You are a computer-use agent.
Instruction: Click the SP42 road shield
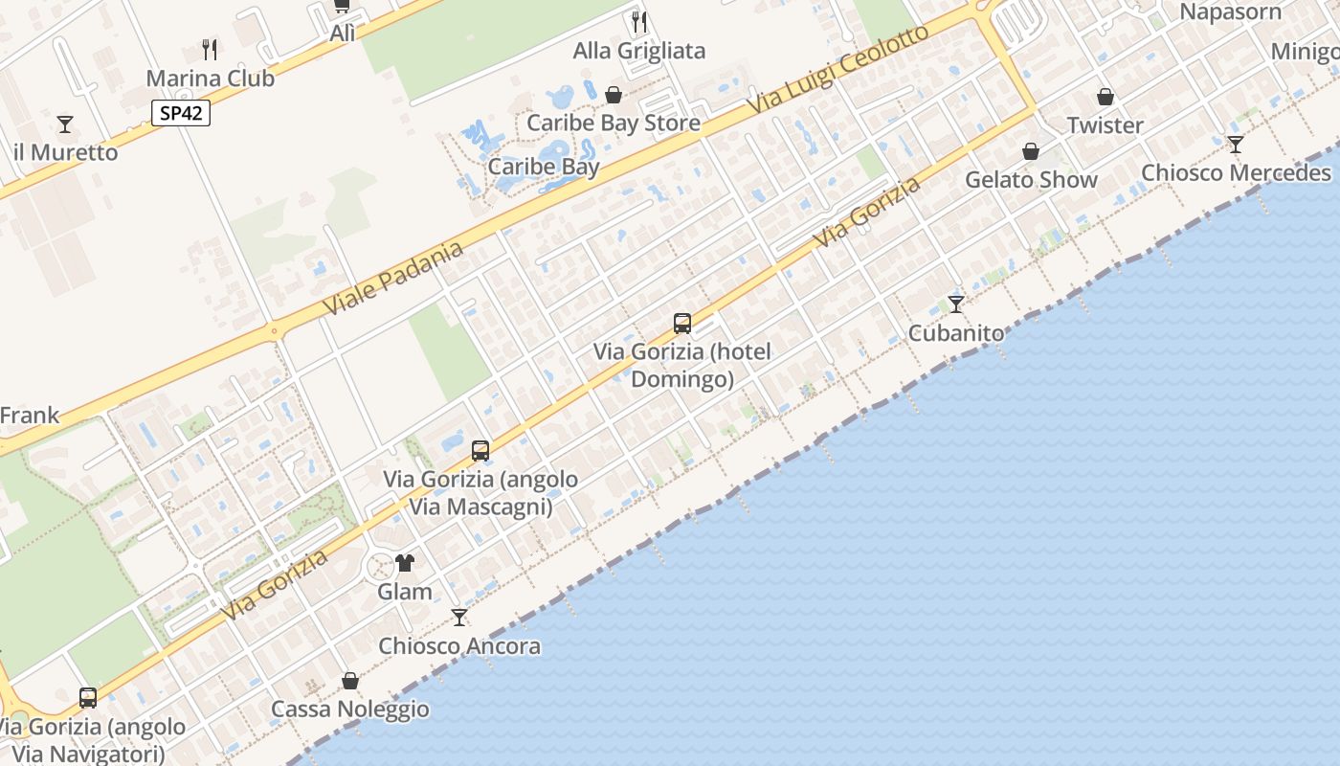[x=181, y=113]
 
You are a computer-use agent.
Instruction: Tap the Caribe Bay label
[x=544, y=167]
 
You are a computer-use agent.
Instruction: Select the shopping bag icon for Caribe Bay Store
[x=614, y=95]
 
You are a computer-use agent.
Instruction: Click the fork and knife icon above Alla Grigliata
[x=639, y=21]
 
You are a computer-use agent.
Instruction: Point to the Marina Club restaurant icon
[x=210, y=49]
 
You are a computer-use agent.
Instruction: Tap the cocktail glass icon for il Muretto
[x=65, y=124]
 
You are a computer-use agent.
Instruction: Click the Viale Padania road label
[x=393, y=278]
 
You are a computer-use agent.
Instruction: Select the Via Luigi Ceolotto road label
[x=838, y=69]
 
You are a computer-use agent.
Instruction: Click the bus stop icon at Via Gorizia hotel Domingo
[x=682, y=324]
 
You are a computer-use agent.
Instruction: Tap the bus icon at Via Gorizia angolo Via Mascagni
[x=480, y=450]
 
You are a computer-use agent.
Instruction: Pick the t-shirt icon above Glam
[x=405, y=562]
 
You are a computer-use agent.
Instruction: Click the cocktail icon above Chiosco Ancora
[x=459, y=618]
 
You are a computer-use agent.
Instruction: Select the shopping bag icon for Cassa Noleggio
[x=350, y=681]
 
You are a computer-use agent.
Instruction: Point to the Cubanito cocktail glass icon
[x=956, y=304]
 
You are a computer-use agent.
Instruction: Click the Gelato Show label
[x=1031, y=179]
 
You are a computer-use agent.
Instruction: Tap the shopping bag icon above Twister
[x=1105, y=97]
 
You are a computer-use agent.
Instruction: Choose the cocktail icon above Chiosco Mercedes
[x=1236, y=145]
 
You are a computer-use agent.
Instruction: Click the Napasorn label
[x=1230, y=12]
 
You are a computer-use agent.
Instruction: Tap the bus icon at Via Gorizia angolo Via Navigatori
[x=88, y=697]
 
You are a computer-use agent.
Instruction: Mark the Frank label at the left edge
[x=30, y=416]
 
